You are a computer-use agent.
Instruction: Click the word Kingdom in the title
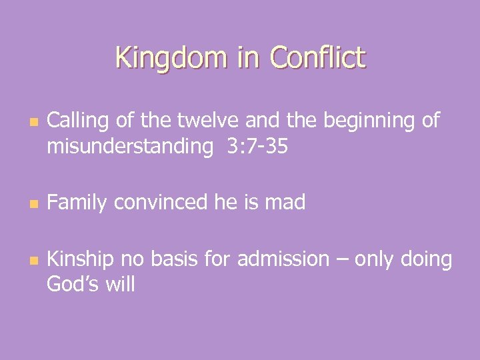[171, 57]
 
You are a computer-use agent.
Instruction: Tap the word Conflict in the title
[318, 57]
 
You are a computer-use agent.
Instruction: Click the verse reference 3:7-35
[257, 146]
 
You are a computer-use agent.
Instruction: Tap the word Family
[77, 202]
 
